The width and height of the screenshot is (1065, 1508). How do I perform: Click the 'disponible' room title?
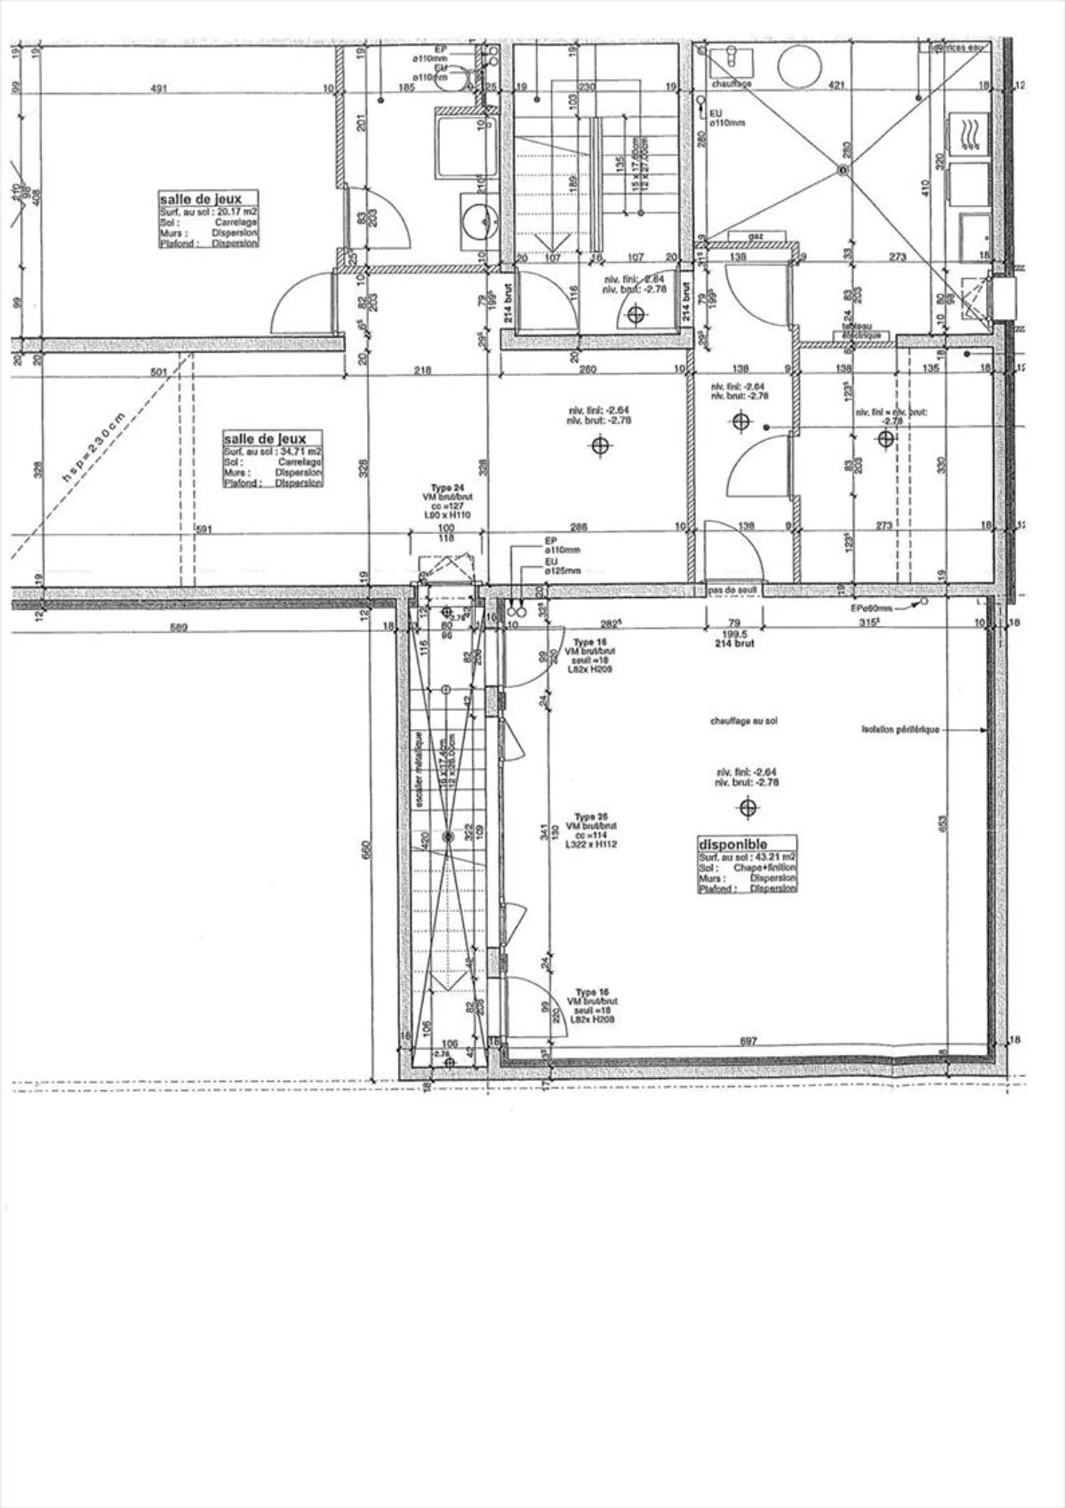coord(733,844)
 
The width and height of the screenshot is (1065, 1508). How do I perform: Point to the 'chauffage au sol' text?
coord(743,721)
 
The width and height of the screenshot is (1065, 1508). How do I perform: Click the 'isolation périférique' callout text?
coord(900,730)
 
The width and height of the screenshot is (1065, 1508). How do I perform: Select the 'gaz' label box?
coord(756,237)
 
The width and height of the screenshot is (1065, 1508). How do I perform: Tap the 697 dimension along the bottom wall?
coord(748,1041)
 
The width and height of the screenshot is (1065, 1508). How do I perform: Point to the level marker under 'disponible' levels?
coord(748,807)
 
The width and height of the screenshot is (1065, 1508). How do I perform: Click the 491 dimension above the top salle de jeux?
coord(159,88)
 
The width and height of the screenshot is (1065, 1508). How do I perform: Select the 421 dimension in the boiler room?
coord(836,86)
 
